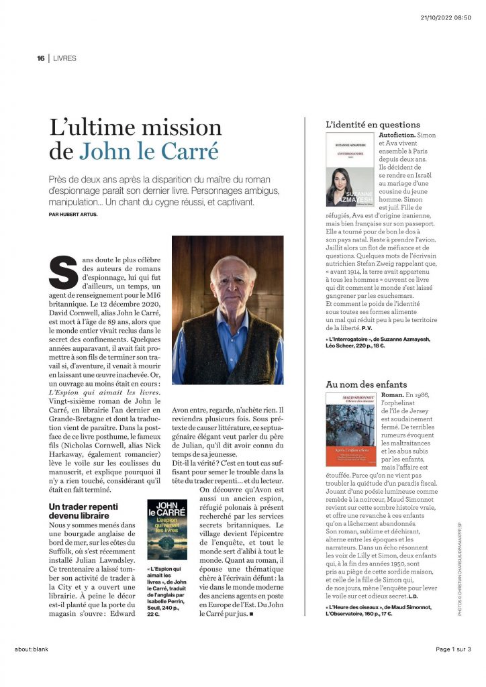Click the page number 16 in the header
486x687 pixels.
(x=40, y=58)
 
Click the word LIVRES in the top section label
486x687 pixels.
(x=64, y=58)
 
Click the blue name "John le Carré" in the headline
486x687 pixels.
(x=149, y=151)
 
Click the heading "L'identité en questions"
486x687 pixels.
(x=373, y=125)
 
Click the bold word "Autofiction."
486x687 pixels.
(x=397, y=136)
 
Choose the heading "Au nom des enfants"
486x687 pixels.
(x=366, y=384)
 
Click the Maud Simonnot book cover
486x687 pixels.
(x=350, y=430)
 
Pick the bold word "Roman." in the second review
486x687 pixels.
(x=391, y=396)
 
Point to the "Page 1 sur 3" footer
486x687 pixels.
(x=453, y=649)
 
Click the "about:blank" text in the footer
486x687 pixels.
(x=31, y=649)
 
